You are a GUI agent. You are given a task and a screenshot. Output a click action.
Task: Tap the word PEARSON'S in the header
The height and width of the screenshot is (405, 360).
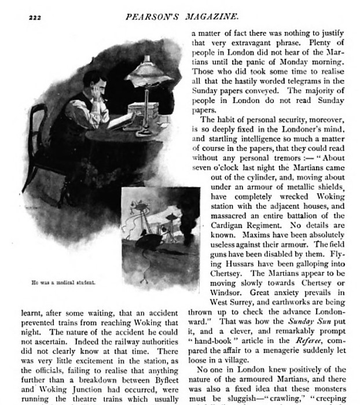point(151,17)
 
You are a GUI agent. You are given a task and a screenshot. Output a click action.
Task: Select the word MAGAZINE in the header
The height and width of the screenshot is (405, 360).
point(209,17)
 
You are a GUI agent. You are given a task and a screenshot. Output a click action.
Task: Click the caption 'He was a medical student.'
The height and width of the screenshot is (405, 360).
point(64,282)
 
